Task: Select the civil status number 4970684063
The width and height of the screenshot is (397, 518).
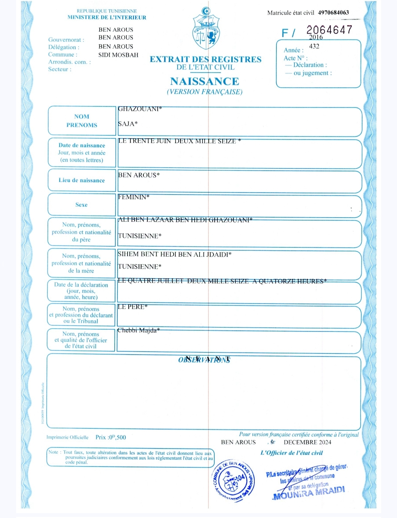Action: pos(333,12)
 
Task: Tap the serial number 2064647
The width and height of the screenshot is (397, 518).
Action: pos(329,30)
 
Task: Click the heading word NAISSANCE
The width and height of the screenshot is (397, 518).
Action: pos(205,81)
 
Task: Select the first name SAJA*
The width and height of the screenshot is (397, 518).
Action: pos(128,124)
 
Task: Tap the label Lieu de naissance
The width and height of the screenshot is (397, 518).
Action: pos(82,180)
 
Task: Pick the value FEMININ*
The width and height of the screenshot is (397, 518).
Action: pos(134,197)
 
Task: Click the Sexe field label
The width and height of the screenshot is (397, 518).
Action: pos(82,205)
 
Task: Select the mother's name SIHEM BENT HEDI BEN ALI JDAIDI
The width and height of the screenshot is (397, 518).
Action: pos(175,254)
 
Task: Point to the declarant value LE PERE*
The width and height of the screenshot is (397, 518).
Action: pos(133,307)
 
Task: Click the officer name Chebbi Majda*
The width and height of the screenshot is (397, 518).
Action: pos(139,330)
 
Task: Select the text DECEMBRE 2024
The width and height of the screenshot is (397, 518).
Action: pos(307,442)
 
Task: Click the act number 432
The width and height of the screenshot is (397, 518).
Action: pos(314,46)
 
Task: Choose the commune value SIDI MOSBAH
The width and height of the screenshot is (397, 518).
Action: pos(118,55)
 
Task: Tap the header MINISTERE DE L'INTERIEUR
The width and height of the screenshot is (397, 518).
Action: pos(107,17)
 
